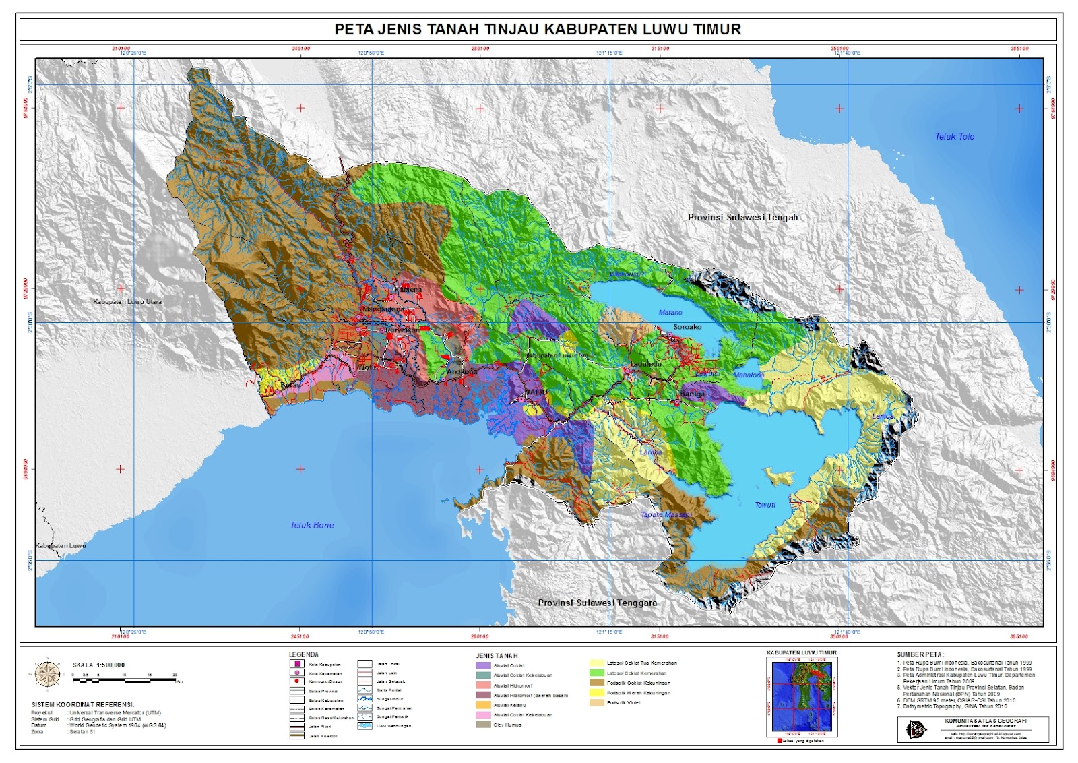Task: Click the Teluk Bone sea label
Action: [x=312, y=525]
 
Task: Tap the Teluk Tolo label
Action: [x=954, y=136]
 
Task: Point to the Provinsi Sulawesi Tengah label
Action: [x=742, y=217]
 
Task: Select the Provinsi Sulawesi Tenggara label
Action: [x=597, y=603]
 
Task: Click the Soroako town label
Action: [x=687, y=327]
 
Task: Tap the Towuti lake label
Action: [x=765, y=505]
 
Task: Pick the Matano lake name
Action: [x=670, y=313]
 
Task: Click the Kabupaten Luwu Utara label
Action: [x=127, y=302]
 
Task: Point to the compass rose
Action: [x=47, y=673]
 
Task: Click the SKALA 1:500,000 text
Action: [x=98, y=665]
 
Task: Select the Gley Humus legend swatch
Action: [x=483, y=725]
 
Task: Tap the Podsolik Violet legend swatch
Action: [x=596, y=702]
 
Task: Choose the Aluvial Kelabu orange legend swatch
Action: [x=483, y=705]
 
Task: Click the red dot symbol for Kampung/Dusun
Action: [x=296, y=681]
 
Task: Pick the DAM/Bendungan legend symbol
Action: [x=365, y=726]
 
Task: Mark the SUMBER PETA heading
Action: [x=920, y=654]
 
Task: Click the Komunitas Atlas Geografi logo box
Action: [x=972, y=729]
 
